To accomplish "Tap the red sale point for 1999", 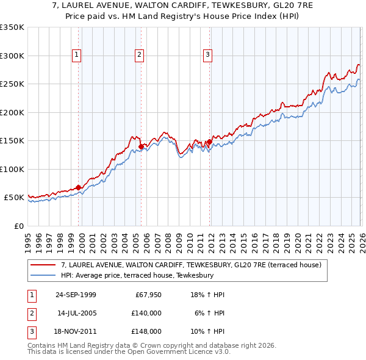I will click(x=79, y=187).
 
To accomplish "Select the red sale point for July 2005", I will click(x=141, y=146).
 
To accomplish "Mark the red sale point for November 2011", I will click(x=209, y=142).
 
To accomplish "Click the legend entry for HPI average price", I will click(x=137, y=275).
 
